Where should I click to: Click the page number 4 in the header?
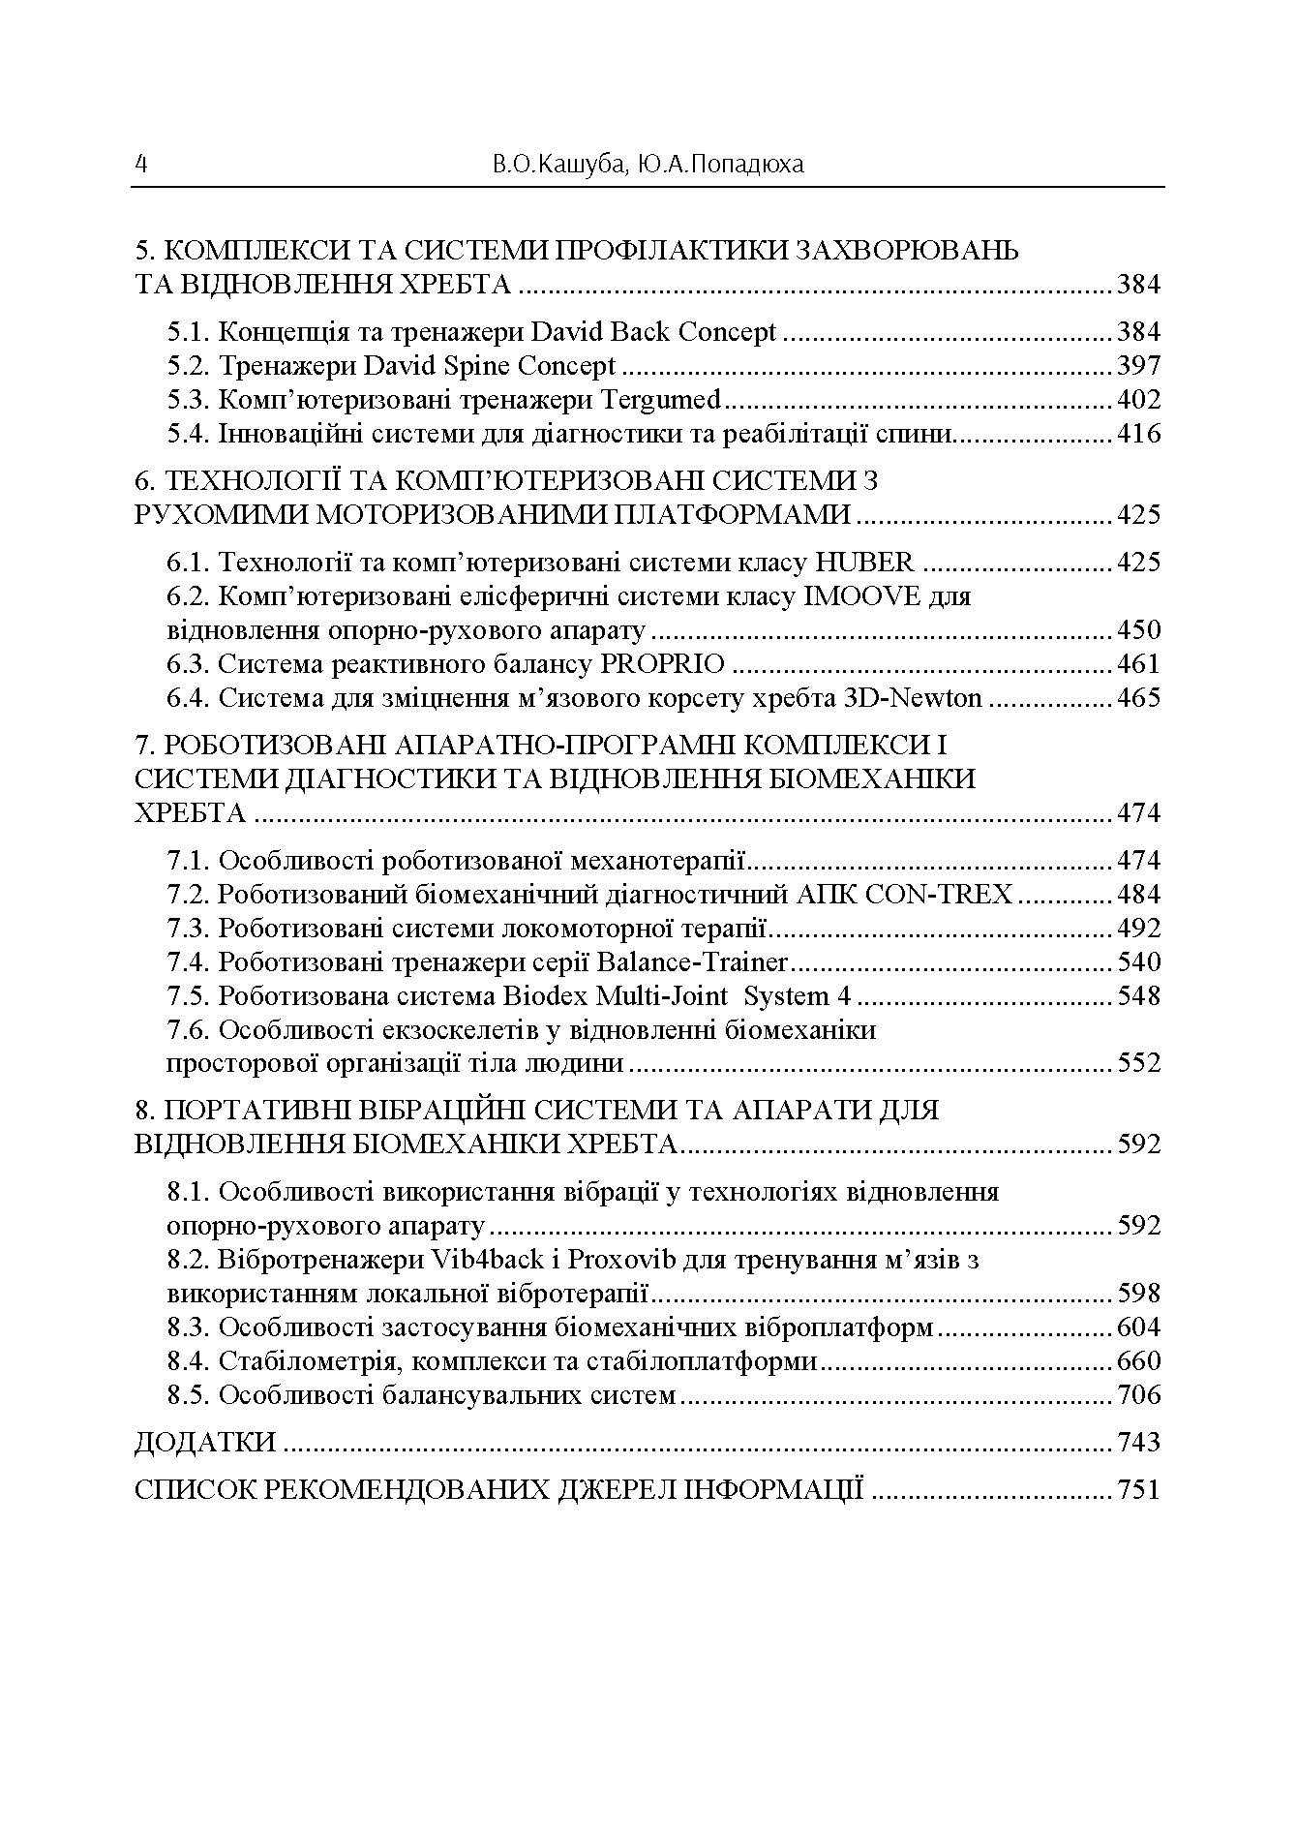pyautogui.click(x=141, y=164)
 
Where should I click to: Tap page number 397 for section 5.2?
pyautogui.click(x=1138, y=366)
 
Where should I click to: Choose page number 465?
pyautogui.click(x=1138, y=698)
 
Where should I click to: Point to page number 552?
pyautogui.click(x=1138, y=1063)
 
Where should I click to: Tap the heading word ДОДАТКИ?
pyautogui.click(x=205, y=1443)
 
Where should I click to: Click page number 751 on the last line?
pyautogui.click(x=1138, y=1489)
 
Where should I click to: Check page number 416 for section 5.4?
pyautogui.click(x=1138, y=434)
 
